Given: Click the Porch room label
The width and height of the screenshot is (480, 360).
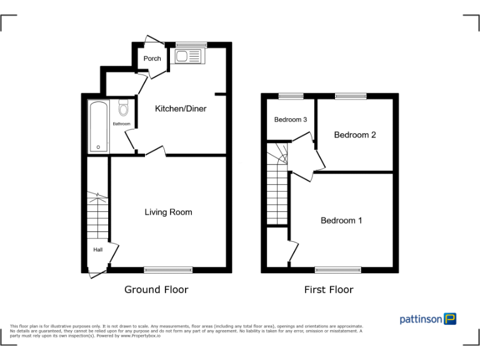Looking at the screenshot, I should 152,59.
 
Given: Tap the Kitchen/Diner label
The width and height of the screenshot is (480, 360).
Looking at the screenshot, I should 181,109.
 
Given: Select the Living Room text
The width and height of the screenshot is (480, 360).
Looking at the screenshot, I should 168,212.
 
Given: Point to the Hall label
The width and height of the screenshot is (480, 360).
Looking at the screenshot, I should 98,250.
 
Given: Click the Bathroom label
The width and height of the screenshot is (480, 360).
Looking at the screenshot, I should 121,124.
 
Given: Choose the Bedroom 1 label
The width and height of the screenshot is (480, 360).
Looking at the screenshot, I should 341,221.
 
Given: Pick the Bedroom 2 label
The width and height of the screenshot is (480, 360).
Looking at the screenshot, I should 354,135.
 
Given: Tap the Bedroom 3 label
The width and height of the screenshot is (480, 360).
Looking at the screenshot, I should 290,120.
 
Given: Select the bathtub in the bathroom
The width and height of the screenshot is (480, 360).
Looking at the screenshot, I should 99,126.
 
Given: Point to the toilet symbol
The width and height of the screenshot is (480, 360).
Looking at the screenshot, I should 124,109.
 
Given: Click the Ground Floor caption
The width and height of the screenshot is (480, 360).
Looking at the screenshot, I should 156,289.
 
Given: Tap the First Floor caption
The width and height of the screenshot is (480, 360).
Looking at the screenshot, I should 328,289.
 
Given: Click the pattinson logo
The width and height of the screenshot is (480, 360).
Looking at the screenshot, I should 428,319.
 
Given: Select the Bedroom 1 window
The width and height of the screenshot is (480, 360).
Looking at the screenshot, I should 338,270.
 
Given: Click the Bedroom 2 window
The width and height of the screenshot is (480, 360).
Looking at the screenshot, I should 351,96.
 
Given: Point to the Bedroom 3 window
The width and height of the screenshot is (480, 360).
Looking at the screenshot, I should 291,96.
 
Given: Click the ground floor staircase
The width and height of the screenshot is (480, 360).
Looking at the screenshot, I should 97,216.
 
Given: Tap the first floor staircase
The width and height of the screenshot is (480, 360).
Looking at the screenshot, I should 277,187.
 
